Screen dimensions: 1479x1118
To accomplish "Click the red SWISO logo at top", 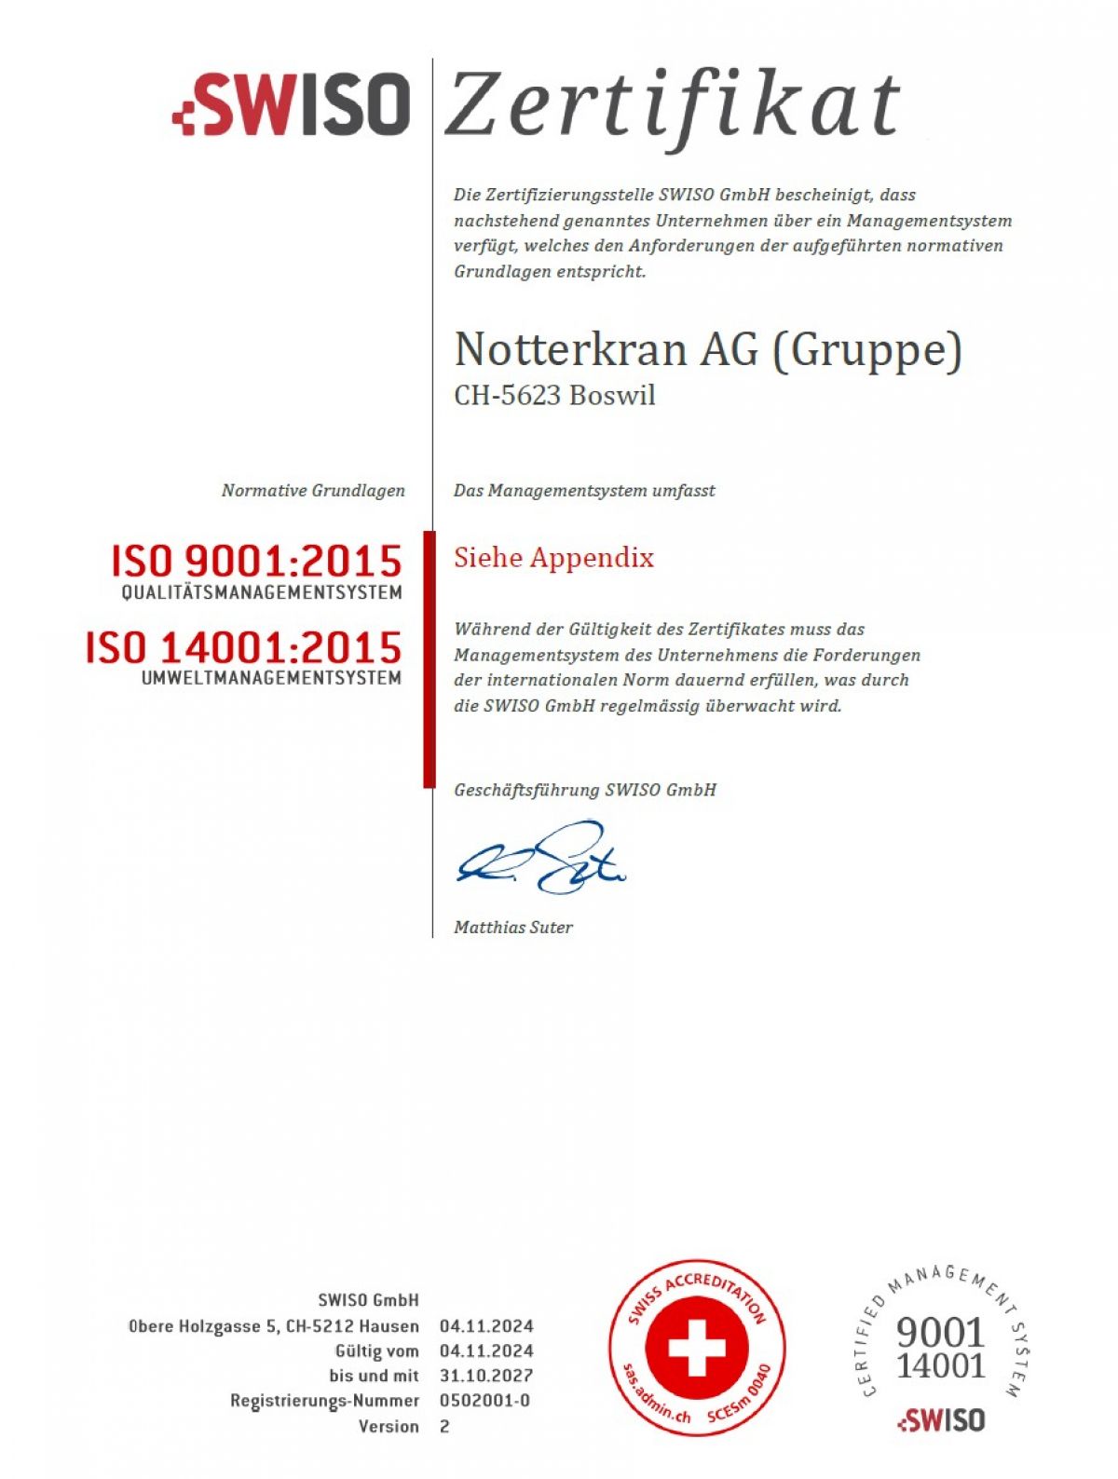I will [292, 103].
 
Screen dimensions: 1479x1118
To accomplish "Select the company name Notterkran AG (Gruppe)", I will [708, 350].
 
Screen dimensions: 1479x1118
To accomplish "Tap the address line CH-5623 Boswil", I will [554, 396].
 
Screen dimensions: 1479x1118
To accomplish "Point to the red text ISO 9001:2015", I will [256, 561].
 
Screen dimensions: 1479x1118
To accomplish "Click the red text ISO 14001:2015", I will [243, 647].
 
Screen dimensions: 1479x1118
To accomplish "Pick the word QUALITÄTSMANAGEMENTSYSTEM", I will [262, 592].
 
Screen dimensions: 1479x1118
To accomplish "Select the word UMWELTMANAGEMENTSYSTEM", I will [271, 678].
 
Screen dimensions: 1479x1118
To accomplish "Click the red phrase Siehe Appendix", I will [553, 558].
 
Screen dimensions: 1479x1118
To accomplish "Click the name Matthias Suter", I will [513, 927].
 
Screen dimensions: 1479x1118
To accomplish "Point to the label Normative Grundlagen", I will [313, 490].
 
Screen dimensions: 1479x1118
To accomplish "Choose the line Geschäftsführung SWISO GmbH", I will [585, 790].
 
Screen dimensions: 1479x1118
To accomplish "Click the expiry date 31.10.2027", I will [486, 1376].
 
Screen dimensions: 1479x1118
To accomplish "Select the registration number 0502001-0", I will [484, 1401].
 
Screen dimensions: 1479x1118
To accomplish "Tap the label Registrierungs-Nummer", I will [324, 1401].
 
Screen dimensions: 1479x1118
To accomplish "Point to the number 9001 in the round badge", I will [940, 1333].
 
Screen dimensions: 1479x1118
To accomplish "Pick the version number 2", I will [444, 1426].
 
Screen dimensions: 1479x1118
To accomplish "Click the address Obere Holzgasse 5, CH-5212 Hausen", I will [273, 1326].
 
